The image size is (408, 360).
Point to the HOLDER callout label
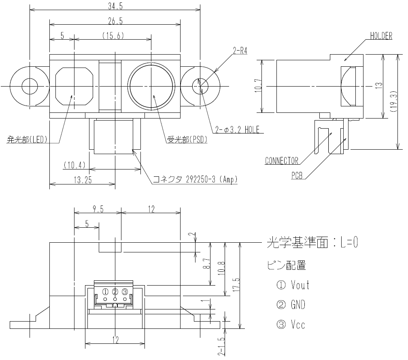click(381, 36)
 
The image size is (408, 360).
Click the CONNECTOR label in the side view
click(281, 161)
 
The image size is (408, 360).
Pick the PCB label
click(297, 176)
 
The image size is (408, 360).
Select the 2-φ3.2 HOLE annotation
click(237, 130)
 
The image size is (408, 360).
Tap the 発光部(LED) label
click(27, 140)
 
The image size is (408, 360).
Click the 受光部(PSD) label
click(187, 140)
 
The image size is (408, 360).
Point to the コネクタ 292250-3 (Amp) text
click(195, 179)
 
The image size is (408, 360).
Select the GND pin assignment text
click(298, 305)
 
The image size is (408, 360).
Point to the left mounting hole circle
click(30, 86)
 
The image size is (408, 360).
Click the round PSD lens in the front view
click(152, 86)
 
